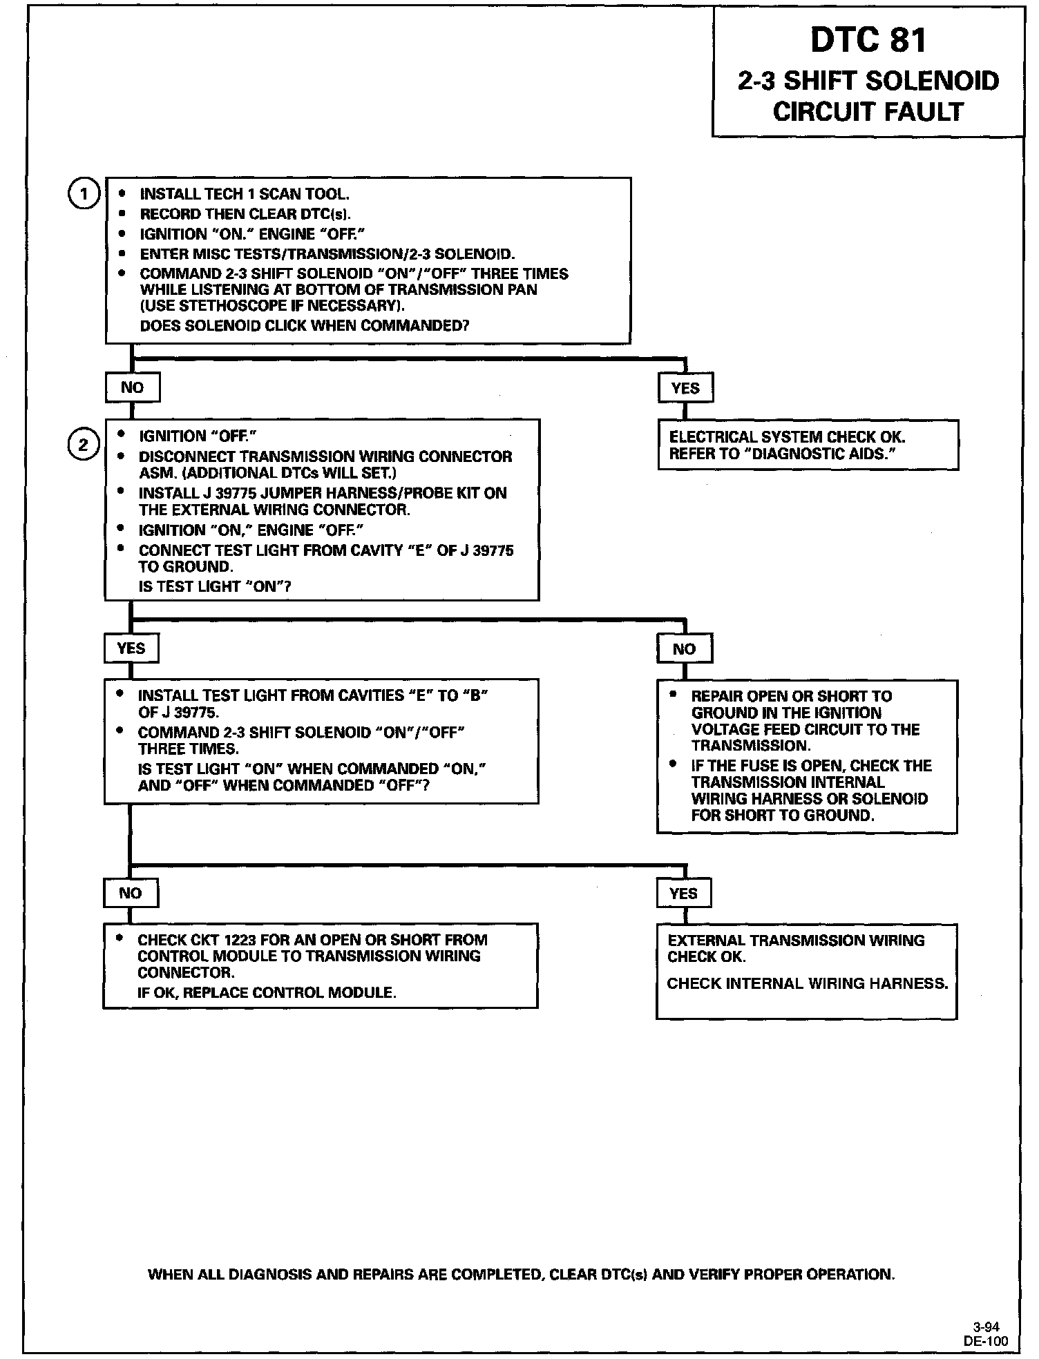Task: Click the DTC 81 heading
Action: click(868, 40)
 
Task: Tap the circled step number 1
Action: click(83, 194)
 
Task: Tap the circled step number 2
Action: click(83, 445)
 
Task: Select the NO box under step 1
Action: click(132, 387)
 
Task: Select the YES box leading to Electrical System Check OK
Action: click(685, 388)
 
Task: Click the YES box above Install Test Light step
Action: click(131, 648)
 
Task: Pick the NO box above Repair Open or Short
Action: click(684, 648)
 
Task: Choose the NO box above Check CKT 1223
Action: click(130, 893)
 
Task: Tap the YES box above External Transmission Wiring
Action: click(683, 894)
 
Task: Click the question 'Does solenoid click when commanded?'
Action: click(304, 325)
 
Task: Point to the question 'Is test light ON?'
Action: click(215, 587)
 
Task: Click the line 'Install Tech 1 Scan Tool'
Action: click(239, 194)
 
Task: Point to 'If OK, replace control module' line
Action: click(267, 992)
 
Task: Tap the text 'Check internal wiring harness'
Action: click(807, 983)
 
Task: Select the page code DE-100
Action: click(986, 1341)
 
